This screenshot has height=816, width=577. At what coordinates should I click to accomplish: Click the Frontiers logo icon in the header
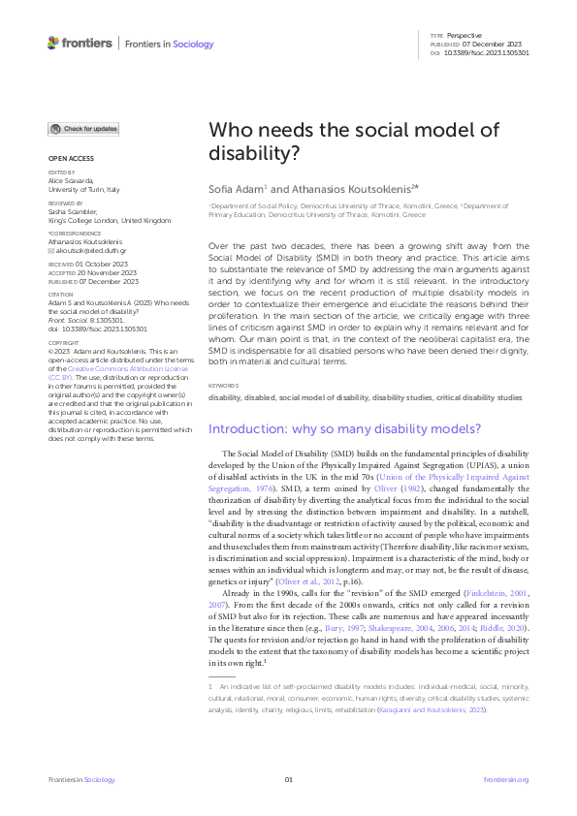pyautogui.click(x=53, y=43)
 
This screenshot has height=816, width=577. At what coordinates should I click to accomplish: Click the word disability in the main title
pyautogui.click(x=248, y=152)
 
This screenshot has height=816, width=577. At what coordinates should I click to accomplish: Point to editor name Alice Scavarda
pyautogui.click(x=71, y=180)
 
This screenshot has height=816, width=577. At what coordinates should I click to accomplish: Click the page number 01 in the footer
pyautogui.click(x=288, y=779)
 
